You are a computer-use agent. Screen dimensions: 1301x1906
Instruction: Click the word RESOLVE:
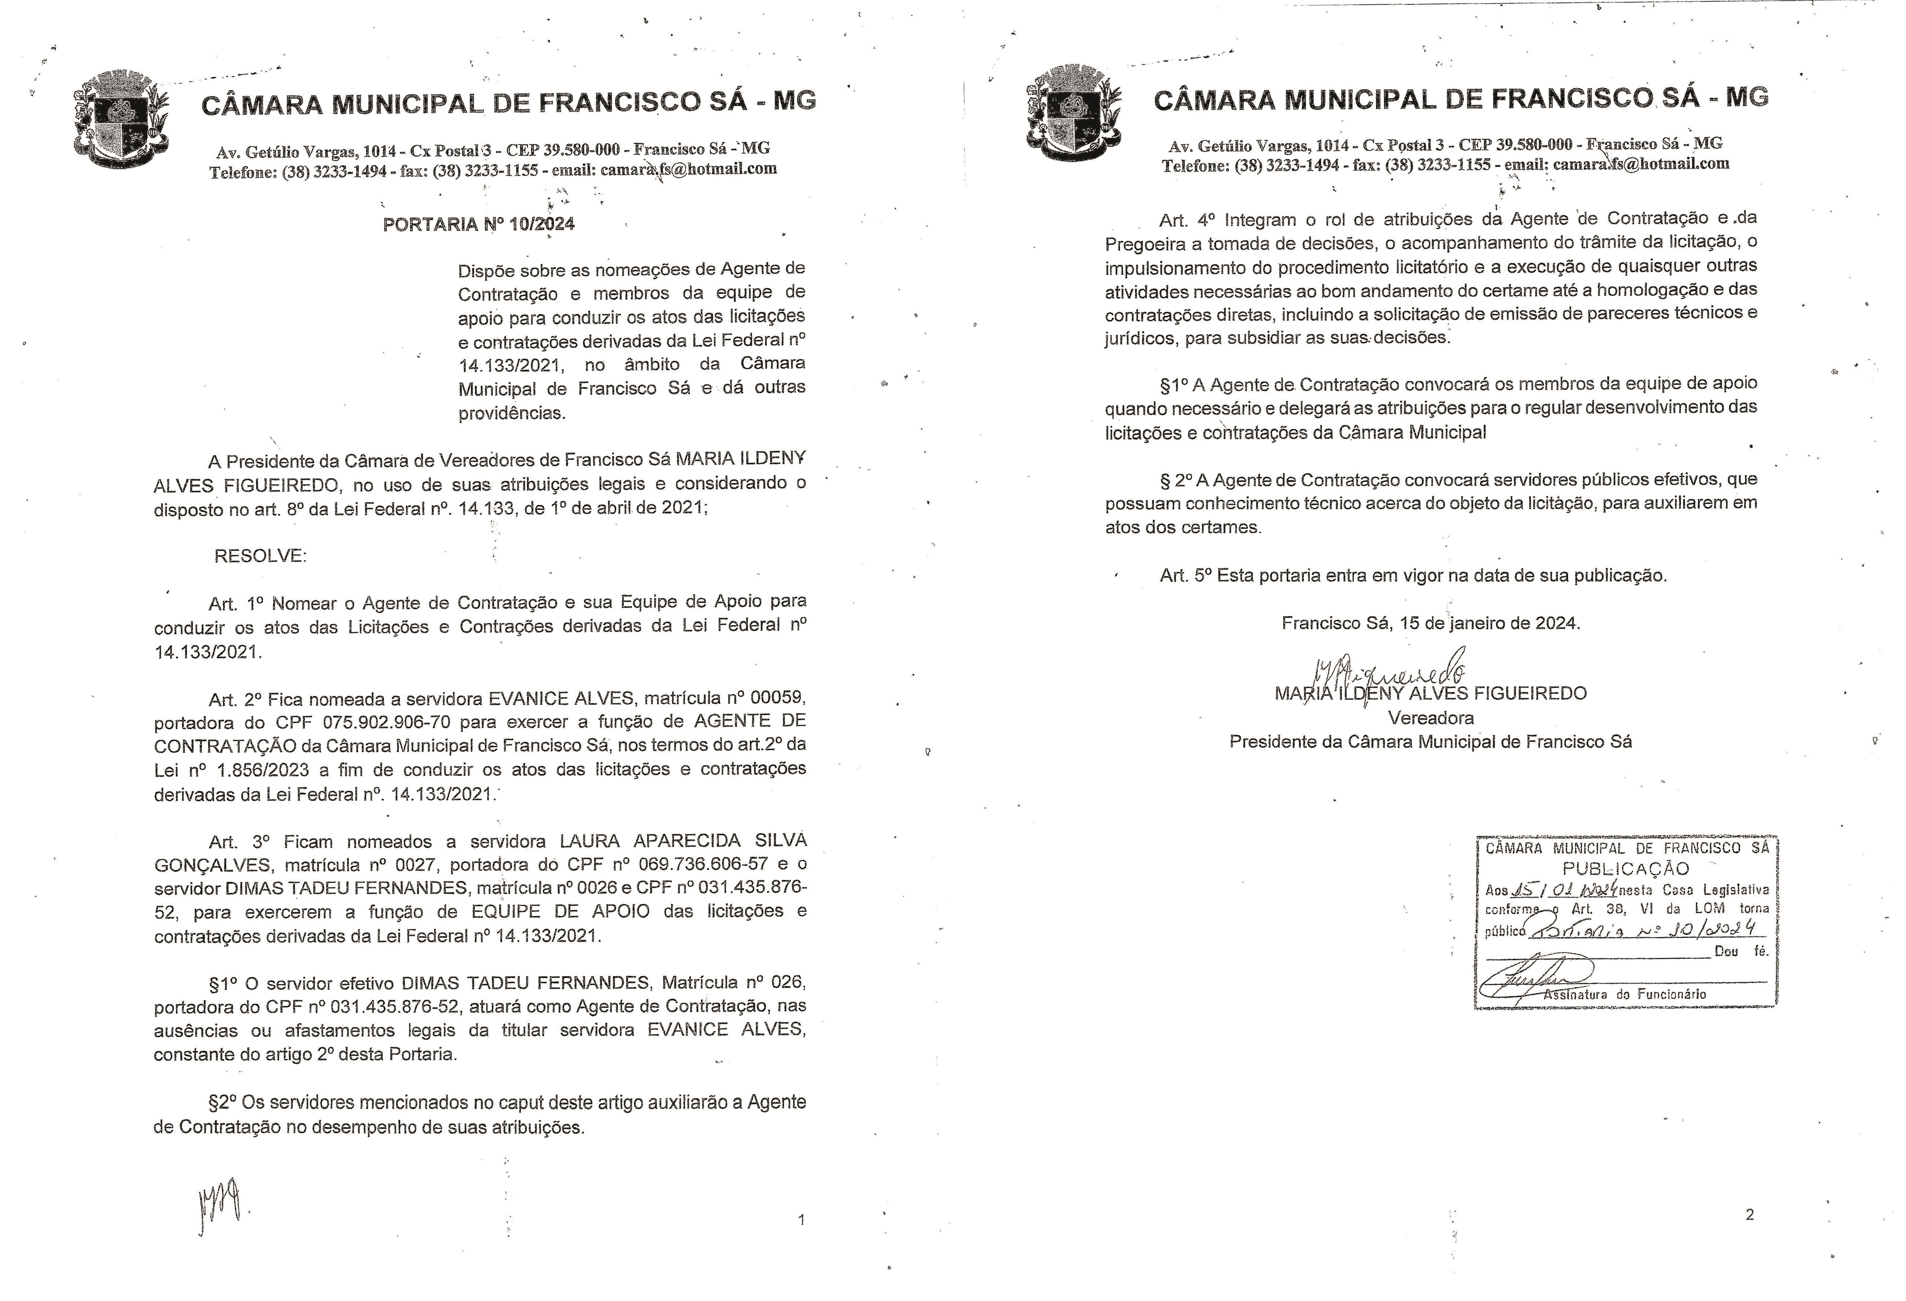(260, 556)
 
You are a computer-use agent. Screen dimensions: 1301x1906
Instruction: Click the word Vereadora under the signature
(1430, 718)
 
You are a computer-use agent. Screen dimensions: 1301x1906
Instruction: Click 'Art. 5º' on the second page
(1185, 575)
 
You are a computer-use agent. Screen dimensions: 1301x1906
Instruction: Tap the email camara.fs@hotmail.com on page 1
(688, 170)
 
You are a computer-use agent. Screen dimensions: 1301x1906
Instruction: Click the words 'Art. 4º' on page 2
(1185, 220)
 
